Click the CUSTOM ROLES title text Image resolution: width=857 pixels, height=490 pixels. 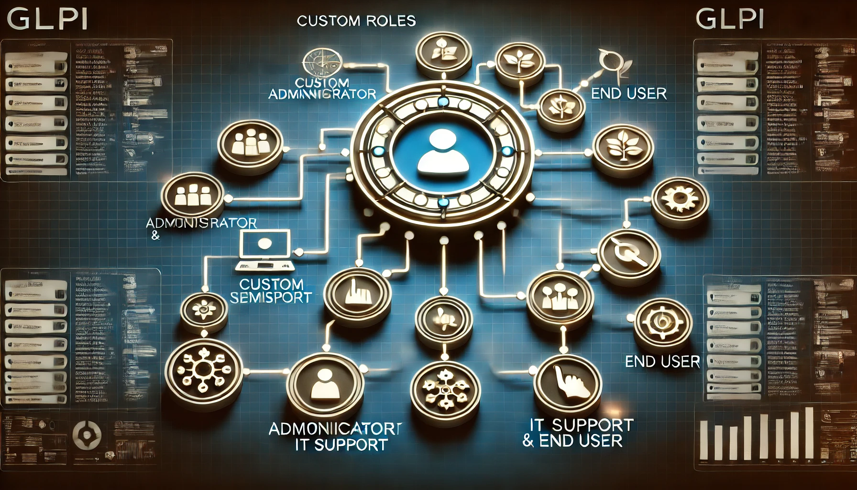[x=356, y=21]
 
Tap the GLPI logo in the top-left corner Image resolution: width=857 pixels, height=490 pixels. [x=47, y=20]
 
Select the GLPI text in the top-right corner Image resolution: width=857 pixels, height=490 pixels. [x=729, y=20]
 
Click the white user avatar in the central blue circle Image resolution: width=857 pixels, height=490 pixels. [x=443, y=153]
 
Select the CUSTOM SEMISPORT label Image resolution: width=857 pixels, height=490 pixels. [x=271, y=291]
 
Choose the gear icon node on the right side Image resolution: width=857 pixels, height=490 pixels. [x=680, y=201]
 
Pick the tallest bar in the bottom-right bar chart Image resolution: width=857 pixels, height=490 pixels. [x=809, y=434]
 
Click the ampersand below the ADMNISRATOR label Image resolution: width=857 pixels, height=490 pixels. [x=155, y=235]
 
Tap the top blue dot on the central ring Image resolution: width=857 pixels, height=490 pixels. [x=443, y=102]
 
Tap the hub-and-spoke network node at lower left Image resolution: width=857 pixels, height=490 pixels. [x=204, y=370]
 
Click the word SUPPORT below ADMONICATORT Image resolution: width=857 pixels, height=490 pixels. [x=351, y=445]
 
